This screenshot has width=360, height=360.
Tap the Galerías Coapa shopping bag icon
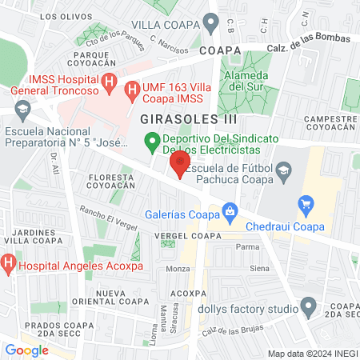point(230,212)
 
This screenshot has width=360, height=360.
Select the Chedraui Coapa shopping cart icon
point(304,206)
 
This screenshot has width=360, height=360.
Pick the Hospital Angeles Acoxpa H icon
point(8,262)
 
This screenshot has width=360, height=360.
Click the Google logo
point(26,350)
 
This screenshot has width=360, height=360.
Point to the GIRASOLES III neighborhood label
point(178,118)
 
